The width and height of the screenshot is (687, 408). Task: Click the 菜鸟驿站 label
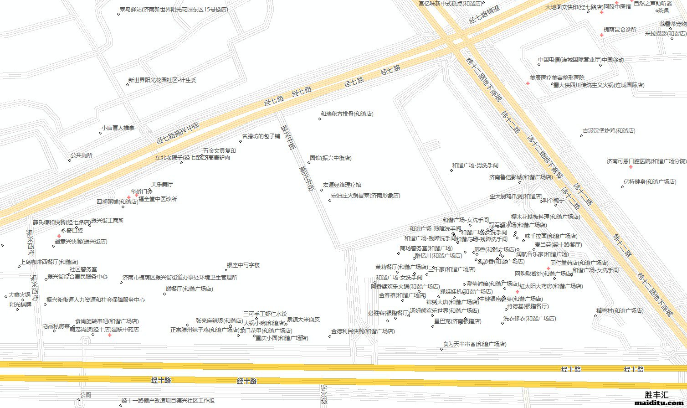coord(173,9)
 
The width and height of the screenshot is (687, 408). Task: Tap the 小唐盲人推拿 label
coord(118,128)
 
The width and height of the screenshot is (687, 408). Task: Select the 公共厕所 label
coord(81,155)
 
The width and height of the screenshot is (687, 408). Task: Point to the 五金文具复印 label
coord(219,151)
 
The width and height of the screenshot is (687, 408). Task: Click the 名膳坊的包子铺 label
coord(261,136)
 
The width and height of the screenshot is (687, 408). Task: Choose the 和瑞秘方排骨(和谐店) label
coord(347,114)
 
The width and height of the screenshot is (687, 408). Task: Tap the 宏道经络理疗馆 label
coord(342,185)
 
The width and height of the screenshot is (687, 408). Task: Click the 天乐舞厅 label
coord(162,185)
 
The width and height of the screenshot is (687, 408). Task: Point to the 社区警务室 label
coord(83,270)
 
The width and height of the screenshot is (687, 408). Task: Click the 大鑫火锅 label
coord(20,295)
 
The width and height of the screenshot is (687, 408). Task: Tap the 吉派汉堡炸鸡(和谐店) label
coord(609,131)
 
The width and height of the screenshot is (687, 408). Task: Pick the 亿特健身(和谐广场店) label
coord(650,182)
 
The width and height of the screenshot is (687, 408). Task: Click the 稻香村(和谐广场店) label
coord(620,311)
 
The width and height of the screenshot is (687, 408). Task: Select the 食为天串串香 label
coord(474,344)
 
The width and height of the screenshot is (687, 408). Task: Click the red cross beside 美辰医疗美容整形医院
coord(528,83)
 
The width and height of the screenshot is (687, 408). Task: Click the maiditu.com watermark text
coord(659,403)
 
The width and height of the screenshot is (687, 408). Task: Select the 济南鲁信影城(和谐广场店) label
coord(521,177)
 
